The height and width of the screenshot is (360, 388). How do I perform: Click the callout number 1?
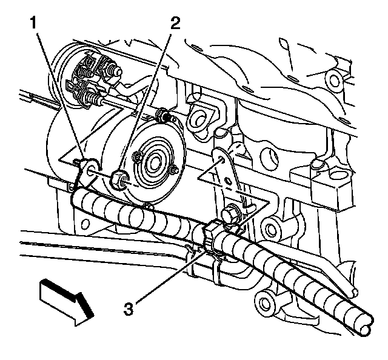point(34,25)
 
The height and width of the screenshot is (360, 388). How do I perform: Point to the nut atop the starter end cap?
point(162,114)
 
